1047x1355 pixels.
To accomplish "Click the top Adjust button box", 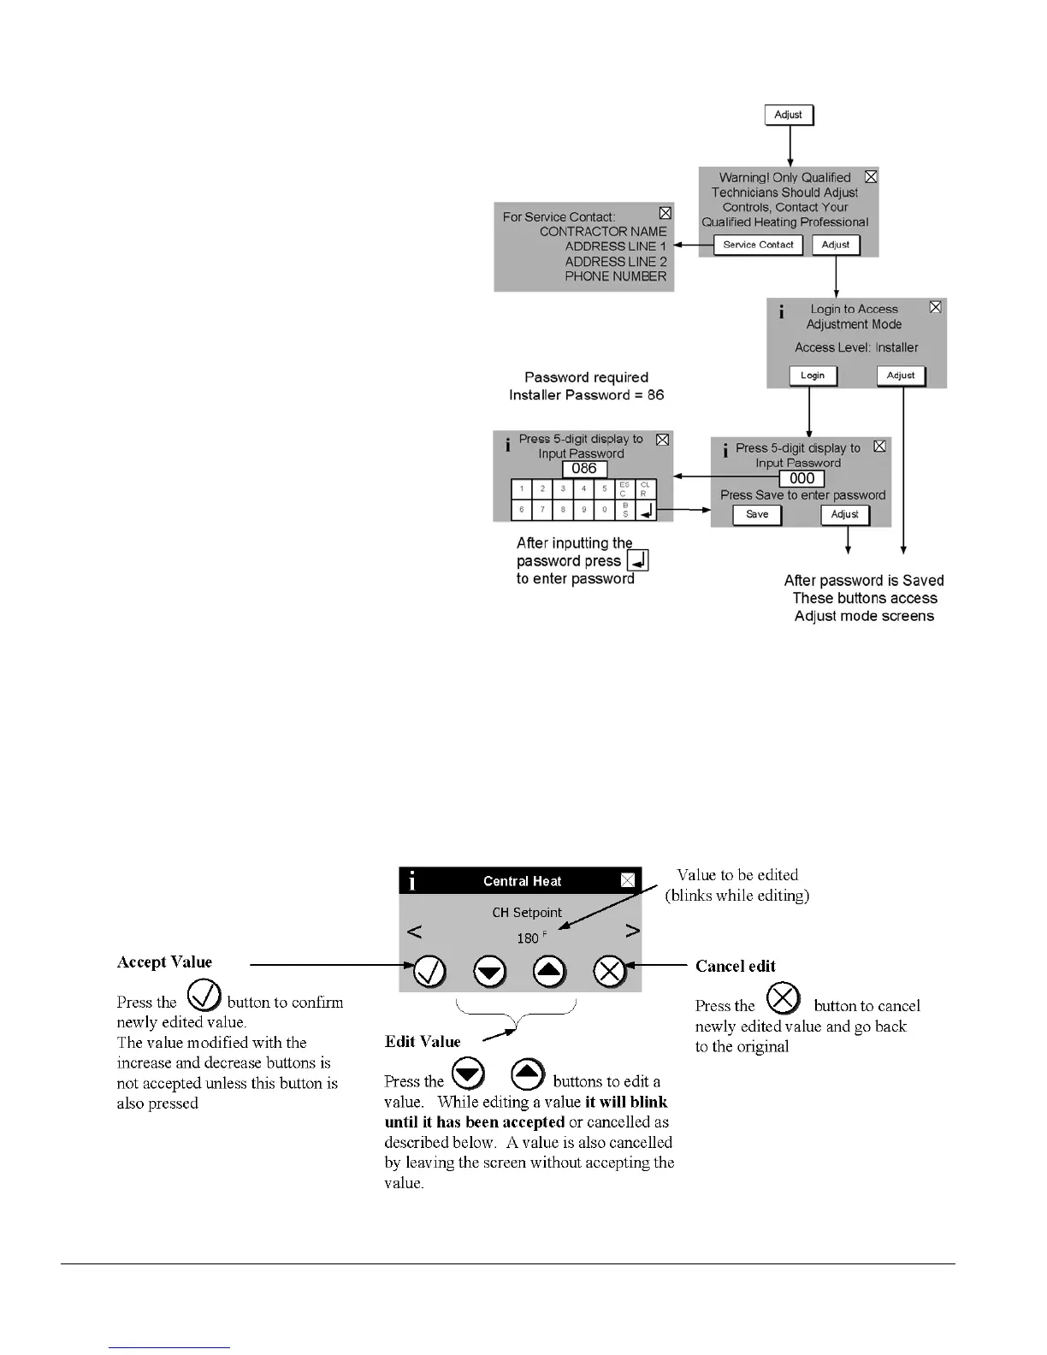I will point(789,115).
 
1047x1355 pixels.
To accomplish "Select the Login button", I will point(813,376).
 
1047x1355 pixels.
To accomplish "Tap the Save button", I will point(757,515).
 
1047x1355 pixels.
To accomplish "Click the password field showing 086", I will point(584,469).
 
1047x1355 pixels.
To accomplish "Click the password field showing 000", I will point(802,479).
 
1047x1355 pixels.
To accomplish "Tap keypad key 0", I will point(605,510).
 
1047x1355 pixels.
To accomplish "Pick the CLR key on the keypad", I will point(646,489).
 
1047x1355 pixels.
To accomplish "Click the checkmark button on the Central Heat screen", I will point(429,972).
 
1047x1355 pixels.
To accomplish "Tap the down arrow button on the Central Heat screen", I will point(490,972).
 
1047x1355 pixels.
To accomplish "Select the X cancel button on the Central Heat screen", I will point(610,972).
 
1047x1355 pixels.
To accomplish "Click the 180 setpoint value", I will point(528,938).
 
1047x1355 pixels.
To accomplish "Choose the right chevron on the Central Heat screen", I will point(632,931).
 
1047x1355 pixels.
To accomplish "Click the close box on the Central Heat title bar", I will point(628,880).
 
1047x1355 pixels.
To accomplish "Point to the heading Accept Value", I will point(164,962).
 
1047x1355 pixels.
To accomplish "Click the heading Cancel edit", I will point(735,967).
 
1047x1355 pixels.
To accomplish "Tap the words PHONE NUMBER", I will point(615,276).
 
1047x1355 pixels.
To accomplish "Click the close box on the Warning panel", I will point(871,177).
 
